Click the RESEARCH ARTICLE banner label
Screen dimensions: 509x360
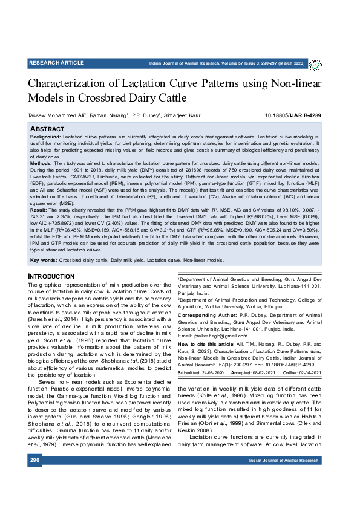(x=56, y=63)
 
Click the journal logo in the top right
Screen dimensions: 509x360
(x=315, y=64)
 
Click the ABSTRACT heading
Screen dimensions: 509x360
(x=47, y=129)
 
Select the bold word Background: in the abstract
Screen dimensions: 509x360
(x=45, y=138)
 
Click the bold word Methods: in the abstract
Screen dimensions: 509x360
(x=41, y=163)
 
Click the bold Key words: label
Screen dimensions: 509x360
(x=44, y=260)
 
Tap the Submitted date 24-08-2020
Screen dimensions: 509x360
(x=211, y=372)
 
